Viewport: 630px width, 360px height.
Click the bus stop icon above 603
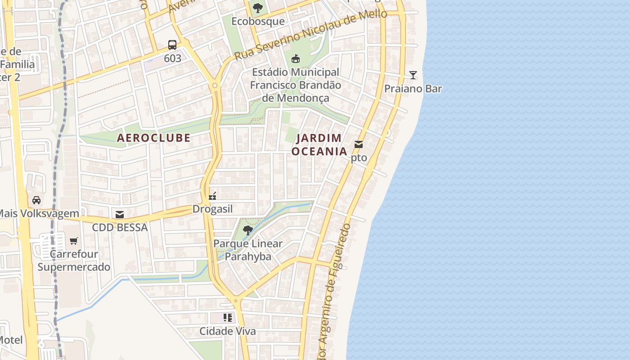172,45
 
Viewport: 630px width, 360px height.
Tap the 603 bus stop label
172,58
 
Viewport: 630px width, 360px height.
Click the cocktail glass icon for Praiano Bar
413,75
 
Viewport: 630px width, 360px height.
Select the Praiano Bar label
413,89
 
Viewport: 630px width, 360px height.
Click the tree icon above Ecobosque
258,8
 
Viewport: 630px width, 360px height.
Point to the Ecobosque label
258,21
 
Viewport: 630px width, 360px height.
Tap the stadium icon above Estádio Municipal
296,58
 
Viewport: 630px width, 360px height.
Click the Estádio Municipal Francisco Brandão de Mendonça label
296,85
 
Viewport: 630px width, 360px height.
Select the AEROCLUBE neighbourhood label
154,138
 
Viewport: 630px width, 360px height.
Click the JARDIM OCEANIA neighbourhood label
319,145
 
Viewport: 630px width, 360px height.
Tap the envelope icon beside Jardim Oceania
359,144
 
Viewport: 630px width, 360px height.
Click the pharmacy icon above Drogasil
212,196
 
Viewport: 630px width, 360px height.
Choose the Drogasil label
212,209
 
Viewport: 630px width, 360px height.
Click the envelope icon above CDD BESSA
120,215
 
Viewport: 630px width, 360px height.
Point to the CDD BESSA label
120,228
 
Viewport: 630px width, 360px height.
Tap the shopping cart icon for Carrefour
74,241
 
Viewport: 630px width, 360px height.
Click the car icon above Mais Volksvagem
36,200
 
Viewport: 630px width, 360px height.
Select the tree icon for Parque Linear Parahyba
247,230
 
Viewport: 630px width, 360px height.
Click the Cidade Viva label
228,332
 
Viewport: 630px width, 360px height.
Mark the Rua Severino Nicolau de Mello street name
310,36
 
